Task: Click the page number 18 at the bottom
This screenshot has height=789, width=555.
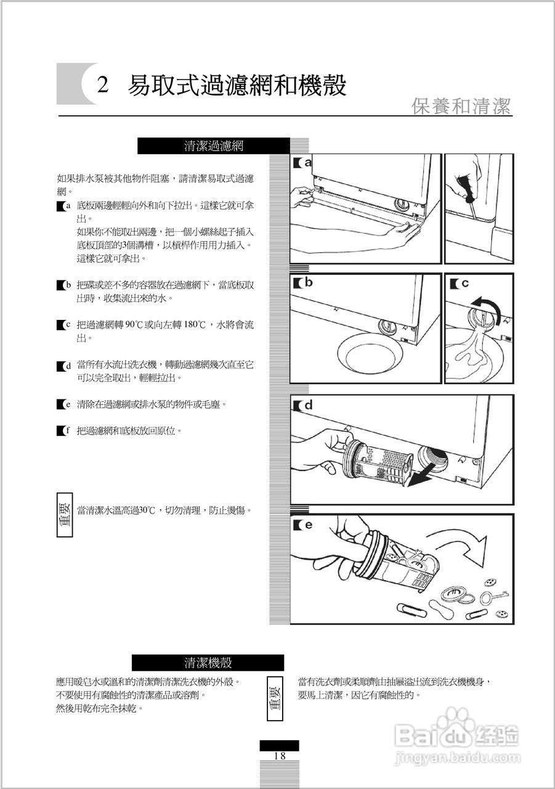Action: point(279,756)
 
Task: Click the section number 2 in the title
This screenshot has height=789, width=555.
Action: point(103,84)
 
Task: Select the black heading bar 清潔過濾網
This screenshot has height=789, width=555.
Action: point(214,146)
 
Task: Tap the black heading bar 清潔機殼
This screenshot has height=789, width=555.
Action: point(208,663)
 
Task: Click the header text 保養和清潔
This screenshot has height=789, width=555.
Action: point(461,106)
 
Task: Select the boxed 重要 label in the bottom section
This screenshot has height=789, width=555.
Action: point(275,699)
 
